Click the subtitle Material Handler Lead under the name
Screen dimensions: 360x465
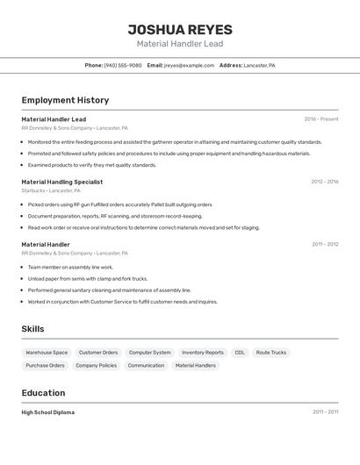coord(179,44)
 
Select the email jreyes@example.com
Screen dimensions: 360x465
coord(189,65)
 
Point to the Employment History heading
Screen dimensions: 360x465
coord(65,100)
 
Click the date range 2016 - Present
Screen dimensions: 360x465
coord(320,118)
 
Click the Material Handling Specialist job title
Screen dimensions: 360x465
coord(61,182)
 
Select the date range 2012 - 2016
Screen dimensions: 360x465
coord(324,182)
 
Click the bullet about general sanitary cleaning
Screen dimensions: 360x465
coord(109,290)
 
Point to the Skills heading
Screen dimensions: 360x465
coord(32,329)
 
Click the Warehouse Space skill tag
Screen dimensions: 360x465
coord(47,353)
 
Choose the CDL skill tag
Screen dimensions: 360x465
coord(240,353)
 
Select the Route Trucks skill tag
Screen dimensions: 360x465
coord(271,353)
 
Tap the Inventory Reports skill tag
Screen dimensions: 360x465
coord(203,353)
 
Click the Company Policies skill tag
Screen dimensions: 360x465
coord(96,365)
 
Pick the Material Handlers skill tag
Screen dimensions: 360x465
coord(195,365)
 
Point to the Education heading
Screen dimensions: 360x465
coord(43,393)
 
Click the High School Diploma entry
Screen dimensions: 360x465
coord(48,412)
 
